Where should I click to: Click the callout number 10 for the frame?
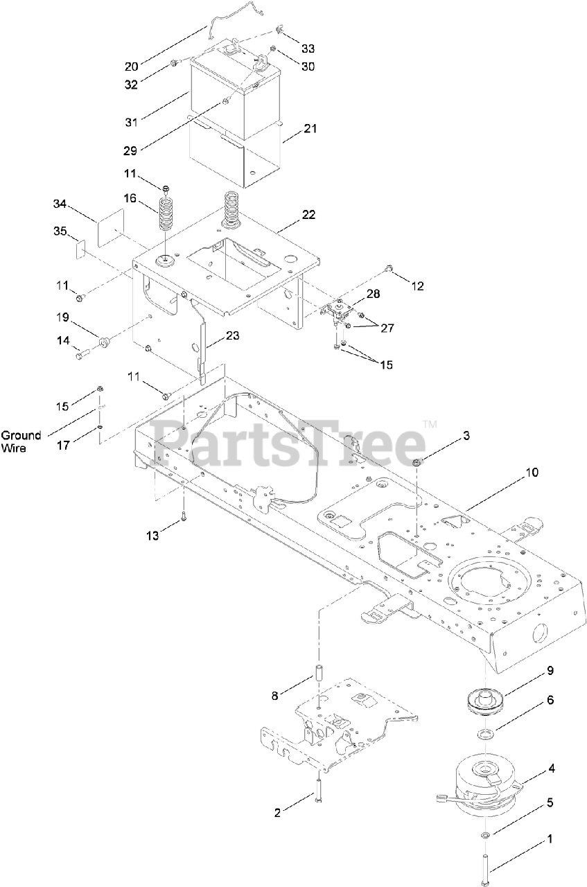[532, 473]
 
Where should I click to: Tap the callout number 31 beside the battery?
[132, 122]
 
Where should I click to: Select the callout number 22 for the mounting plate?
[308, 215]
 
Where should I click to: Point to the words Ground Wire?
[21, 441]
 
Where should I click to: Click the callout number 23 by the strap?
[233, 335]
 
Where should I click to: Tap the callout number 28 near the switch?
[372, 295]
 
